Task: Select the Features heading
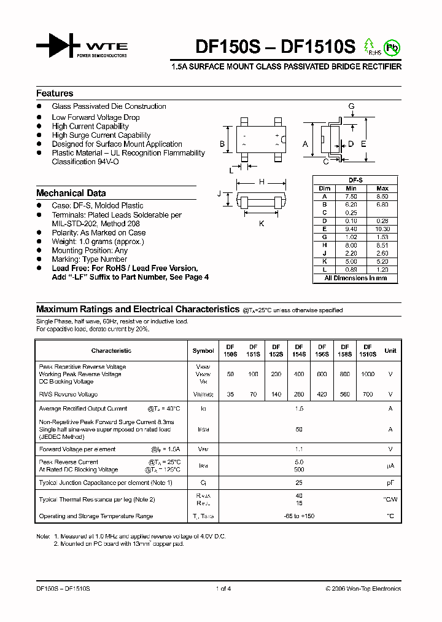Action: pyautogui.click(x=55, y=93)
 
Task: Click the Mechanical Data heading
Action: pyautogui.click(x=71, y=193)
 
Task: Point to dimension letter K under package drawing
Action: pyautogui.click(x=262, y=224)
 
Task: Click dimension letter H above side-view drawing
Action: pyautogui.click(x=262, y=182)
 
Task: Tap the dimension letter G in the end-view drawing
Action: pyautogui.click(x=351, y=106)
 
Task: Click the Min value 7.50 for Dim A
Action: pyautogui.click(x=351, y=196)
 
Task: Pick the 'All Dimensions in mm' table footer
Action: pyautogui.click(x=355, y=278)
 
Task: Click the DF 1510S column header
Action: pyautogui.click(x=368, y=350)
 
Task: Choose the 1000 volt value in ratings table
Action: pyautogui.click(x=368, y=374)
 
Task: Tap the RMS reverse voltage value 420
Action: pyautogui.click(x=322, y=395)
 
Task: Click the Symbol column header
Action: pyautogui.click(x=203, y=351)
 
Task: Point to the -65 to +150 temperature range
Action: pyautogui.click(x=299, y=516)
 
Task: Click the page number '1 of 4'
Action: pyautogui.click(x=223, y=589)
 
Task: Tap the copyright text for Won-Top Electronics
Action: pyautogui.click(x=363, y=589)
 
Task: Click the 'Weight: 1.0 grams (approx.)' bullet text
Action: pyautogui.click(x=98, y=242)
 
